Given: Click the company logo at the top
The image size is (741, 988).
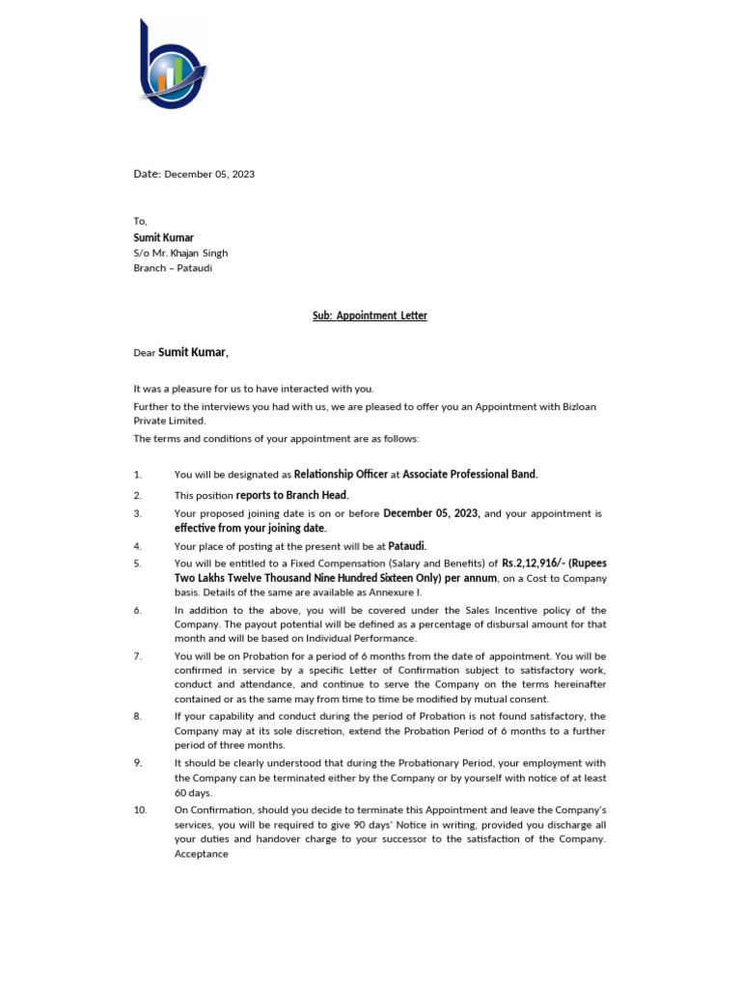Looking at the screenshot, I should click(172, 66).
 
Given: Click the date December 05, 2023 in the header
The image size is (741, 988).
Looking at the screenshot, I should click(209, 175).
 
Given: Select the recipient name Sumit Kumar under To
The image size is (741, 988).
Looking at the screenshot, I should click(163, 237).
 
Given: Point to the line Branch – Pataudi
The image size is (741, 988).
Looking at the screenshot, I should click(172, 268).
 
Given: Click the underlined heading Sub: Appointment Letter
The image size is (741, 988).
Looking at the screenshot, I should click(370, 316).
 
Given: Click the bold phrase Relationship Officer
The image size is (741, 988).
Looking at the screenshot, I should click(341, 474).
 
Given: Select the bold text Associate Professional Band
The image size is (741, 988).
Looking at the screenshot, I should click(470, 474).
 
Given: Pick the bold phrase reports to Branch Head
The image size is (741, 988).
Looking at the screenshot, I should click(292, 495).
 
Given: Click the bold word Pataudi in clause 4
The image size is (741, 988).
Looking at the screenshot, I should click(407, 545).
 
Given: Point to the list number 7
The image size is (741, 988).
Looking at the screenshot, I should click(138, 656).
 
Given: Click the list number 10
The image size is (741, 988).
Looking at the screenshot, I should click(140, 810).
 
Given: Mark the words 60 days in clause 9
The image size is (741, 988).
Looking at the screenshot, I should click(193, 792).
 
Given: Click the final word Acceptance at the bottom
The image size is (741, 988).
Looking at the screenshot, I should click(202, 854).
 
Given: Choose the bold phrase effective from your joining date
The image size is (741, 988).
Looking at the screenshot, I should click(250, 528).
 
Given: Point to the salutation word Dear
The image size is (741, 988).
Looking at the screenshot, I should click(144, 353).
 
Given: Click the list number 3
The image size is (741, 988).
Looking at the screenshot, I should click(138, 513).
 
